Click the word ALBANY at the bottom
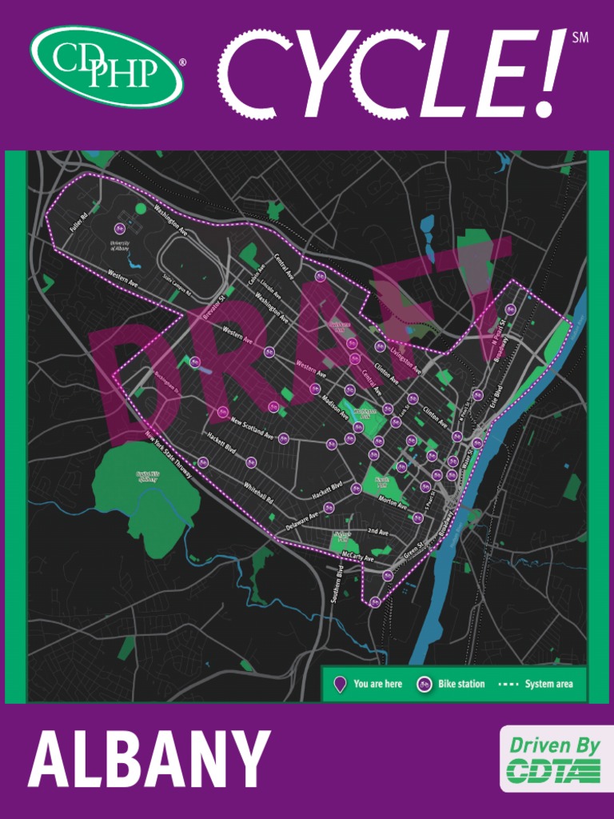point(149,759)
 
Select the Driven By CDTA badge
point(555,758)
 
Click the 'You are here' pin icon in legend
point(340,685)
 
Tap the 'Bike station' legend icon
point(424,685)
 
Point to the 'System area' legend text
point(549,685)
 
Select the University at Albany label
point(119,246)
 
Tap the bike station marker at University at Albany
point(119,230)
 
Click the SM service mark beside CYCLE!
point(580,36)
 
